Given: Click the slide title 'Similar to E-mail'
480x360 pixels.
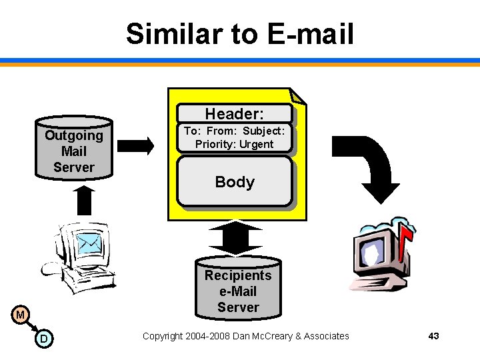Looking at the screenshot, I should [x=239, y=33].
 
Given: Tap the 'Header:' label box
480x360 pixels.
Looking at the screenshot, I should [x=234, y=114].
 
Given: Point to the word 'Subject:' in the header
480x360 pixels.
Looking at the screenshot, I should [x=263, y=131].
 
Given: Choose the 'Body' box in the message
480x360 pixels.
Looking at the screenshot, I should [x=235, y=181].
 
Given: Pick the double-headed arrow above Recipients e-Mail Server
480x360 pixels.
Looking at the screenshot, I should [x=238, y=237].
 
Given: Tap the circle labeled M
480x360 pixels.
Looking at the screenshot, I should [x=21, y=314].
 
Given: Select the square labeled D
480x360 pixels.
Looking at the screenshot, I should [x=43, y=339].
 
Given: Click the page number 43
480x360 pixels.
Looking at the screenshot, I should [x=433, y=336].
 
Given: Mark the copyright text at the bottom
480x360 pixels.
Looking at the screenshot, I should [x=245, y=336].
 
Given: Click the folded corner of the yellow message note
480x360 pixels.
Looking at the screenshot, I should [x=298, y=96].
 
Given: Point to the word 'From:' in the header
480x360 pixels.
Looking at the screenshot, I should [x=221, y=131].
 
